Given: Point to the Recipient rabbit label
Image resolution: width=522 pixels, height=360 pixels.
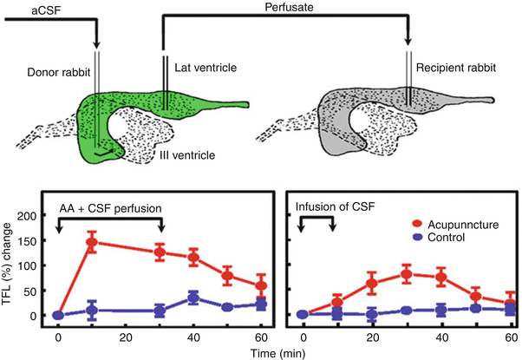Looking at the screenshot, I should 456,67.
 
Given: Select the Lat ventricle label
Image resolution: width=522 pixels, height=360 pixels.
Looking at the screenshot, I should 204,66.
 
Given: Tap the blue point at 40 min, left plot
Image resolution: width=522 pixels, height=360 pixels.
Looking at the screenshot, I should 193,298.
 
